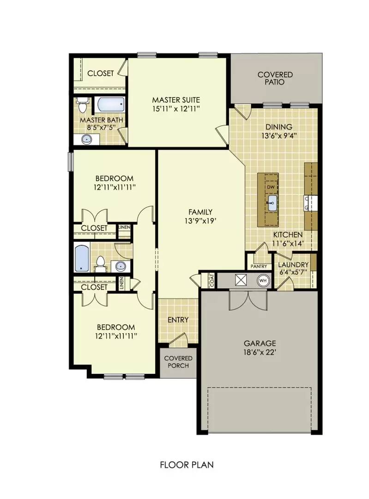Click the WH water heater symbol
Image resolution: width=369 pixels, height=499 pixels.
(x=263, y=280)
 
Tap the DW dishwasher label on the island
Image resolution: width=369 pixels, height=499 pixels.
(x=271, y=187)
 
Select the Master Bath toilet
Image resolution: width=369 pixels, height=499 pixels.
(x=82, y=105)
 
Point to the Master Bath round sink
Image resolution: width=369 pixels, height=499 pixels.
(x=86, y=138)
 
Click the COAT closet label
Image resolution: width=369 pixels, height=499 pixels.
(x=212, y=280)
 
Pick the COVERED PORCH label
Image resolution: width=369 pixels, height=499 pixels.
(x=178, y=362)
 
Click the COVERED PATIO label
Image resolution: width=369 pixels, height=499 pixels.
(x=275, y=78)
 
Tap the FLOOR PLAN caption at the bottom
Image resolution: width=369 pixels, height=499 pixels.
(x=187, y=464)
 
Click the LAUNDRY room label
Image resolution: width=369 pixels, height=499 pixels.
(x=293, y=264)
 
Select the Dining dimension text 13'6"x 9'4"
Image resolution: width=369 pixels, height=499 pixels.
(x=278, y=136)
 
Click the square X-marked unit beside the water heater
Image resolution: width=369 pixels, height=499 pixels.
(x=241, y=280)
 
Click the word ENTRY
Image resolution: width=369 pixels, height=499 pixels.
(x=178, y=320)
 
